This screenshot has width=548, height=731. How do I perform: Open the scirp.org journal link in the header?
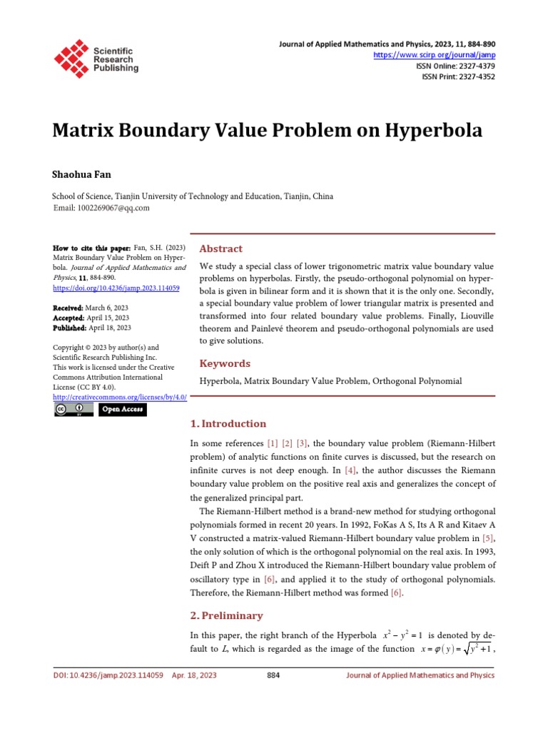tap(435, 55)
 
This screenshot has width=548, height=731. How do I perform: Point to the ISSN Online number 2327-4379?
tap(475, 66)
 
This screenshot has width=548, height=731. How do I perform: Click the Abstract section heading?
tap(220, 248)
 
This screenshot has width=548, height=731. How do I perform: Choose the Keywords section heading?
tap(224, 363)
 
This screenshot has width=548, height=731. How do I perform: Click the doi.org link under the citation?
tap(116, 288)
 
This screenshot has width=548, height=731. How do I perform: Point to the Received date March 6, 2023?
tap(108, 308)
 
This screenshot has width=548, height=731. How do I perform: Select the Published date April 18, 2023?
tap(109, 328)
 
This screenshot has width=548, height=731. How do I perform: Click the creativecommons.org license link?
tap(120, 397)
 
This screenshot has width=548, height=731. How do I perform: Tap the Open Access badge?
tap(123, 409)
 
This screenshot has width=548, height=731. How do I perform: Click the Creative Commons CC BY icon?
tap(74, 409)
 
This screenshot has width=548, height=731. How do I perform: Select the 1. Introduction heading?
tap(228, 423)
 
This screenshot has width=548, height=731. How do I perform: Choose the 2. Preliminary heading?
tap(227, 615)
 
